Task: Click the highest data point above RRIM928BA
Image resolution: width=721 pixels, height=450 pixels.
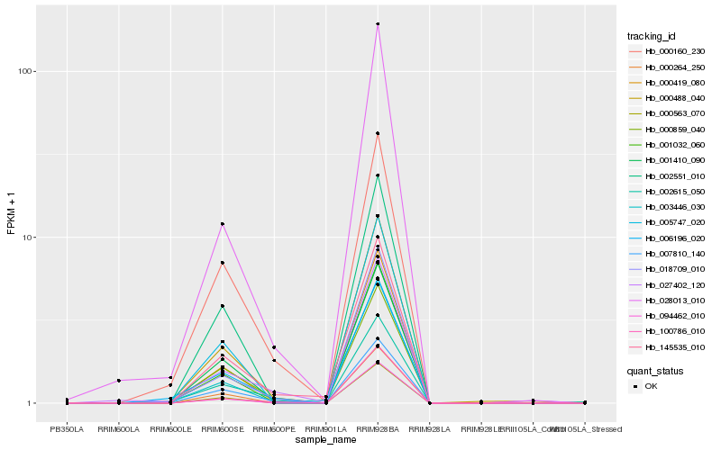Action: [378, 24]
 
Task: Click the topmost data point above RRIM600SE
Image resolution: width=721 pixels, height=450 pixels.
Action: [222, 223]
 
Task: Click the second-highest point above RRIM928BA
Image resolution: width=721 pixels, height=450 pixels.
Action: [378, 133]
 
